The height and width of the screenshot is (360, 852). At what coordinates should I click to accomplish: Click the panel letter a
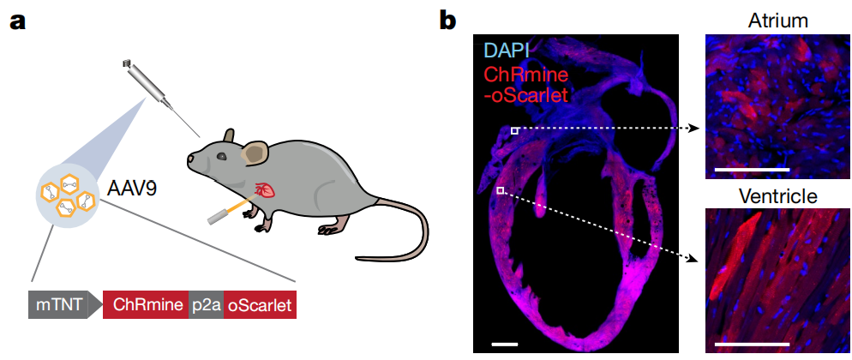[17, 21]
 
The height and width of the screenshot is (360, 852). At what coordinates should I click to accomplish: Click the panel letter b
[447, 21]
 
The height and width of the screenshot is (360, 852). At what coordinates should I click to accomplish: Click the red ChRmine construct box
[145, 304]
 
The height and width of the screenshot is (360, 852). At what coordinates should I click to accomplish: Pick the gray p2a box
[206, 304]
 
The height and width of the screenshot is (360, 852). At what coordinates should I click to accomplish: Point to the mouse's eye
[221, 156]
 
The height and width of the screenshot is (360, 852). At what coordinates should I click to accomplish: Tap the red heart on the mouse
[267, 190]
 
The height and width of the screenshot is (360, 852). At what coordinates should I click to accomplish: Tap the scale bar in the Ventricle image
[750, 344]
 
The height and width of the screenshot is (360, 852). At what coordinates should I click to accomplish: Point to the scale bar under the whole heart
[506, 344]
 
